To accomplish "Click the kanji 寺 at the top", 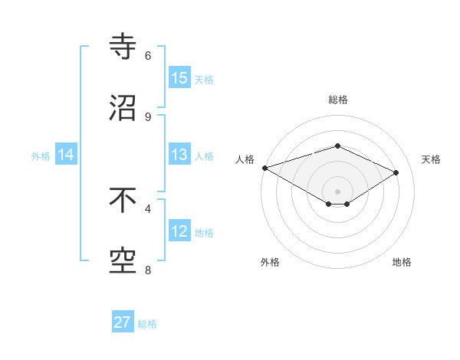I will click(x=123, y=47).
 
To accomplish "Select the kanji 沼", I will click(x=123, y=108).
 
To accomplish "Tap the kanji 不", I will click(x=123, y=201).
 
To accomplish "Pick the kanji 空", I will click(x=123, y=261).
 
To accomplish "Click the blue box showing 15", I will click(x=179, y=78).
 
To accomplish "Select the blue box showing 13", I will click(x=179, y=155).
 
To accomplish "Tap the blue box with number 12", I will click(x=179, y=231).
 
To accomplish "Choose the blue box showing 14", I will click(x=67, y=155).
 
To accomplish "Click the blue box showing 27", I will click(x=123, y=322).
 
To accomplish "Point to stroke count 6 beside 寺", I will click(x=148, y=55).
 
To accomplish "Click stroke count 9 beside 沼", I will click(x=148, y=116).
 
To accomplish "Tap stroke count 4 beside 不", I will click(x=148, y=208).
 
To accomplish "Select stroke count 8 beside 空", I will click(x=148, y=270).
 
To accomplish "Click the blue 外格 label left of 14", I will click(x=41, y=155).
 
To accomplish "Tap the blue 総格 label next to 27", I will click(x=147, y=323).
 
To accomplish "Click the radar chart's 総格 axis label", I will click(x=337, y=100).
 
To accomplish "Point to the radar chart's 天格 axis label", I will click(x=431, y=159).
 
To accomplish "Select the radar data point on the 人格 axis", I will click(x=264, y=168).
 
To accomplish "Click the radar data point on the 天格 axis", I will click(x=396, y=172).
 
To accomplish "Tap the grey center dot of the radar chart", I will click(x=337, y=191).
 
